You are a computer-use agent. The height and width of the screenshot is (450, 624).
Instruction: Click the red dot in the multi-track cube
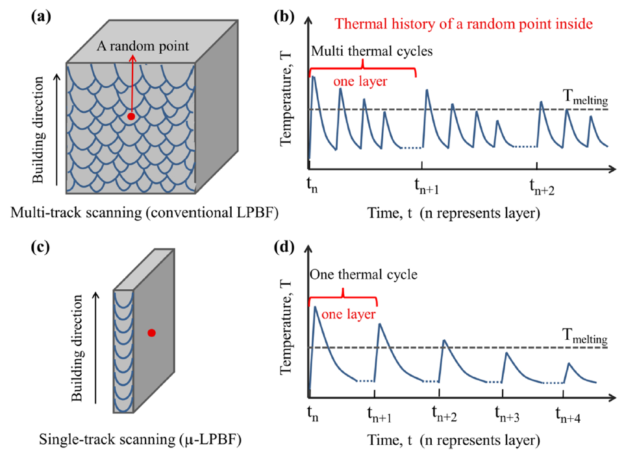pyautogui.click(x=131, y=116)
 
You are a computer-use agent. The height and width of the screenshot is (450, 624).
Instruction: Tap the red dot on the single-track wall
pyautogui.click(x=151, y=333)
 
